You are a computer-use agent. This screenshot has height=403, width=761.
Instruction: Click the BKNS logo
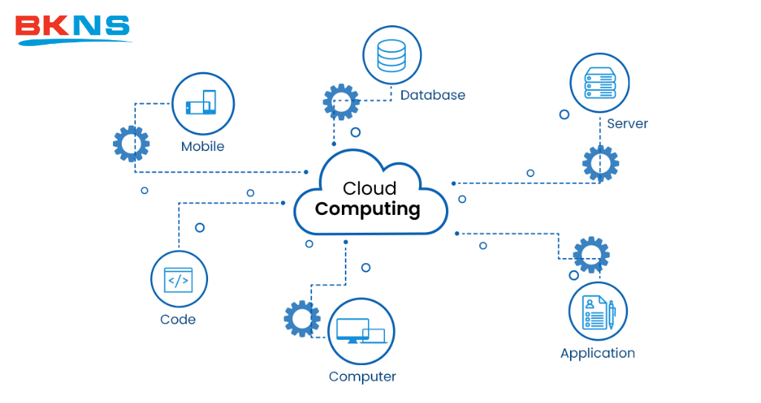73,28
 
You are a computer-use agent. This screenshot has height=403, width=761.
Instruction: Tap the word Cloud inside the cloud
369,188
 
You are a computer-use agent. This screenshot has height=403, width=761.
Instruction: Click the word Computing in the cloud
367,209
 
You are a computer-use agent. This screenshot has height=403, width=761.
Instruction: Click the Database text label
433,95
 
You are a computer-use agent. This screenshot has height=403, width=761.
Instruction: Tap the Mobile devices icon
202,103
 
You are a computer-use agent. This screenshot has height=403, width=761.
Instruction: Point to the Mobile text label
202,146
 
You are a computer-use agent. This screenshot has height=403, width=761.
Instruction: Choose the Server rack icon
599,82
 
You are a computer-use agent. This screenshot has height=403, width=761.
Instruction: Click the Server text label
627,123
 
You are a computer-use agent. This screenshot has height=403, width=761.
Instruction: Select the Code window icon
178,280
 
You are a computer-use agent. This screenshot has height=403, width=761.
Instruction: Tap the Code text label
178,320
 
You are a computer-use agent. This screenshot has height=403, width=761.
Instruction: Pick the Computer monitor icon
360,331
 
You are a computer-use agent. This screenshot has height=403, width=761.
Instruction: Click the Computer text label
362,376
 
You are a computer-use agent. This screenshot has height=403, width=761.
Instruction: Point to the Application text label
598,353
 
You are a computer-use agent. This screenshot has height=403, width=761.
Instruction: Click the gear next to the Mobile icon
132,144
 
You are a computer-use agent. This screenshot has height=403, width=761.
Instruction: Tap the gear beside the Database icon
341,102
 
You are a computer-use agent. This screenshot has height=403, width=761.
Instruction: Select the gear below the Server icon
600,164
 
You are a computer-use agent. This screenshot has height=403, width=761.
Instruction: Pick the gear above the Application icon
592,254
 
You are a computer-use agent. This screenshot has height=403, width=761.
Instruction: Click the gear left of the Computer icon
302,318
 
